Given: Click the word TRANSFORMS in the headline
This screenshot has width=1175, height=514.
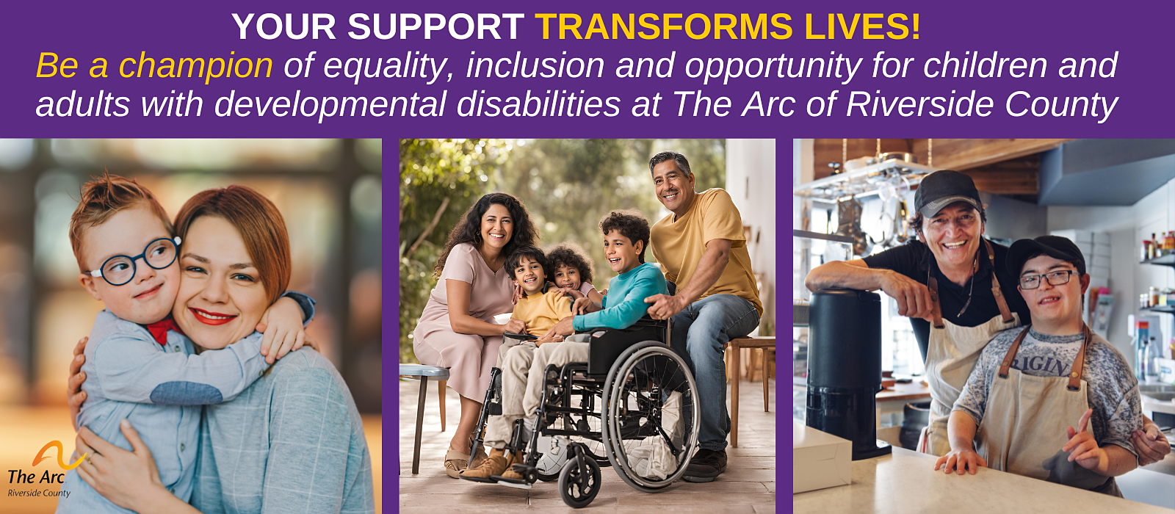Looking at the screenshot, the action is point(664,26).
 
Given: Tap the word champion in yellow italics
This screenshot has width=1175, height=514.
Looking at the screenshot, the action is point(195,65).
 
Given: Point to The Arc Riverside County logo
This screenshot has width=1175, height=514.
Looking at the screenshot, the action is point(45,469).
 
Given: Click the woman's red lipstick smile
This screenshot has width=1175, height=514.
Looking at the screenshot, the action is point(212,316).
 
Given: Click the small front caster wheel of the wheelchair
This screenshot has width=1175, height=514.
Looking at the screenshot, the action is point(579,480).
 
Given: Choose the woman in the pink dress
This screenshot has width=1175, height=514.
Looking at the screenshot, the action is point(469,325).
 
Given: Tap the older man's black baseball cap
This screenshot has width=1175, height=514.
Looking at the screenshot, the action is point(947,193).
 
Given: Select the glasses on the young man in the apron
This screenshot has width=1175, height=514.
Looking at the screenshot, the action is point(1048,280).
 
